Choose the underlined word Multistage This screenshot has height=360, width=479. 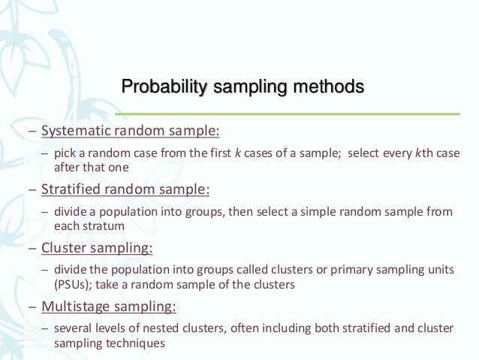(73, 307)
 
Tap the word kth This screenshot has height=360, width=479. (412, 154)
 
